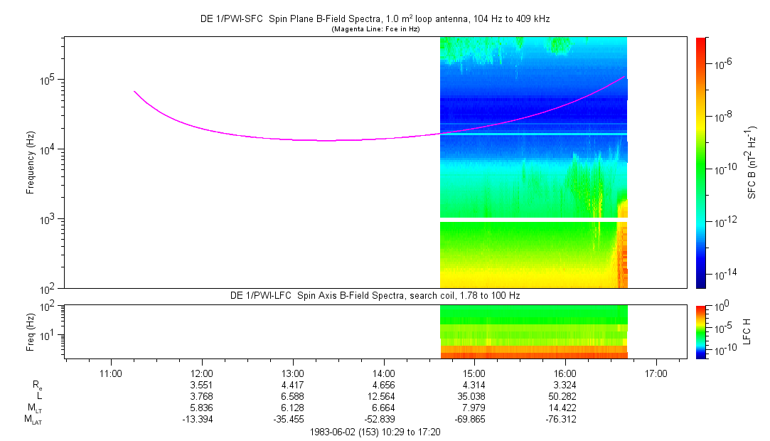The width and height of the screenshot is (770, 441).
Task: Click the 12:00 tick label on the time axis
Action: tap(202, 373)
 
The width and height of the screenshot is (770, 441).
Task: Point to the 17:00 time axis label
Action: tap(656, 373)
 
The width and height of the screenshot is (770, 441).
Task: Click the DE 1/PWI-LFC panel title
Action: tap(375, 294)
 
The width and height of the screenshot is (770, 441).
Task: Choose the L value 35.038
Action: tap(474, 396)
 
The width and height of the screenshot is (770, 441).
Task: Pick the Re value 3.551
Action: tap(202, 385)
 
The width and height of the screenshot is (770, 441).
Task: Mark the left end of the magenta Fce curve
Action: tap(134, 91)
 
